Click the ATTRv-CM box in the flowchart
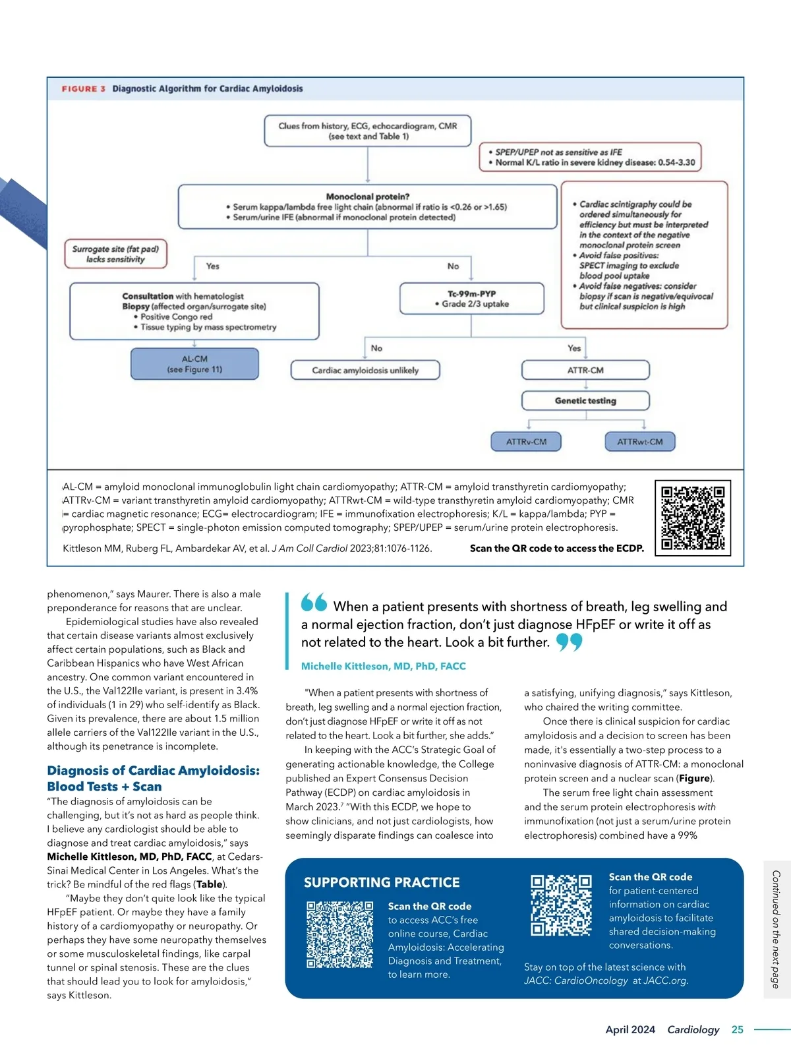pos(526,442)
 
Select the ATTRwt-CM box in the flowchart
pos(639,442)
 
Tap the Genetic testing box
pos(585,401)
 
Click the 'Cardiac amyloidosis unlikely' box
pos(365,371)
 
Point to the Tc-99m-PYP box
pos(472,299)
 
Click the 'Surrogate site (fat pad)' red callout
pos(115,254)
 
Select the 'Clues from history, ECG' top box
pos(367,131)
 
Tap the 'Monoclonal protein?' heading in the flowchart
pos(368,196)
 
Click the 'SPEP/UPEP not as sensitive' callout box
pos(591,158)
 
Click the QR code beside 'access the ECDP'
pos(693,518)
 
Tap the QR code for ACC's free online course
pos(340,934)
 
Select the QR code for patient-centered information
pos(561,905)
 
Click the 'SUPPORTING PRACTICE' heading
pos(382,882)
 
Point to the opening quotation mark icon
pos(314,602)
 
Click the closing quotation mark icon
pos(569,642)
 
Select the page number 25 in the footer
pos(737,1029)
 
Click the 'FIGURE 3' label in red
pos(84,89)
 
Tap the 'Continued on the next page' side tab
pos(776,929)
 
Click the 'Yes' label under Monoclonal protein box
pos(212,266)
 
